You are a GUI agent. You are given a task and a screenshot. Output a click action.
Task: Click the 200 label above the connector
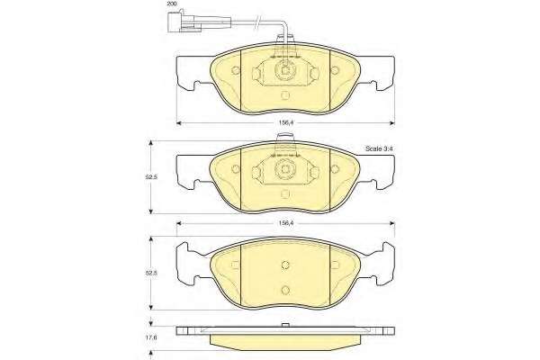[172, 4]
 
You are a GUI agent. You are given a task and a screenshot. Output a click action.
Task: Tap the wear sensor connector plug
[184, 23]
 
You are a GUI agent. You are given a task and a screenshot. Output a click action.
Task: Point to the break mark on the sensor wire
[256, 22]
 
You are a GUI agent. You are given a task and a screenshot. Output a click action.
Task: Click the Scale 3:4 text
[379, 148]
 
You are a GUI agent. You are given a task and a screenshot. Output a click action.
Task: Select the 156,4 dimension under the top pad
[285, 122]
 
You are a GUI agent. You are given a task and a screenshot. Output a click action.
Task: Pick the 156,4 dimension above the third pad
[285, 223]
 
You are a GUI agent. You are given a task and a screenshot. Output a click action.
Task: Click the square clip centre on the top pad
[285, 70]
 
